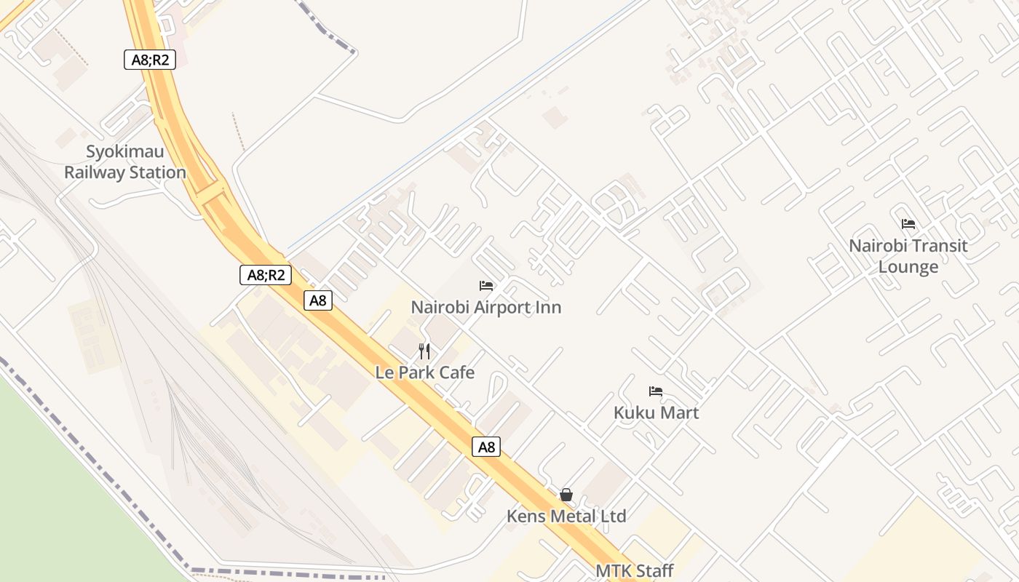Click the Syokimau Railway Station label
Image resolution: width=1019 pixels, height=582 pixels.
pos(125,162)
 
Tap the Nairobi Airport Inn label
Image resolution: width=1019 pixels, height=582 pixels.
pos(486,307)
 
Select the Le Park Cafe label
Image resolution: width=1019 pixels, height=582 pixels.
pos(425,372)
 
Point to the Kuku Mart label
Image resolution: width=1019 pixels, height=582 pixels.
pos(656,412)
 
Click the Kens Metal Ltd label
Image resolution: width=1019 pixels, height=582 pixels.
pos(566,517)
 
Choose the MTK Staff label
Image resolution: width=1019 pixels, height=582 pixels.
pos(635,571)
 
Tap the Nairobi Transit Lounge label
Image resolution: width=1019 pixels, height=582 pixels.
pos(908,256)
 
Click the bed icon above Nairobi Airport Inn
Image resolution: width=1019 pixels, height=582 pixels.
pos(486,286)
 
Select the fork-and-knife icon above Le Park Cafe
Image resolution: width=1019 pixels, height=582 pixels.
pos(425,352)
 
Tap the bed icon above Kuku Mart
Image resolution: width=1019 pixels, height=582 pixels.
pos(656,391)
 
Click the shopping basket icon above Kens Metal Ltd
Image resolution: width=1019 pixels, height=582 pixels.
pos(566,495)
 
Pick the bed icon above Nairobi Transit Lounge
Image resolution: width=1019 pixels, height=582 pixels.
pos(908,224)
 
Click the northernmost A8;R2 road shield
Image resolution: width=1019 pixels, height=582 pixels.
pos(150,60)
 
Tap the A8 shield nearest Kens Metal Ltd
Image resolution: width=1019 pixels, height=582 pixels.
pos(487,447)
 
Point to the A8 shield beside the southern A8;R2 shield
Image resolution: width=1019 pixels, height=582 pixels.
pos(318,300)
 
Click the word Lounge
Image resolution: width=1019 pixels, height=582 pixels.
pos(908,267)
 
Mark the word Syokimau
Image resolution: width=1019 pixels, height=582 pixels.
pos(125,152)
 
